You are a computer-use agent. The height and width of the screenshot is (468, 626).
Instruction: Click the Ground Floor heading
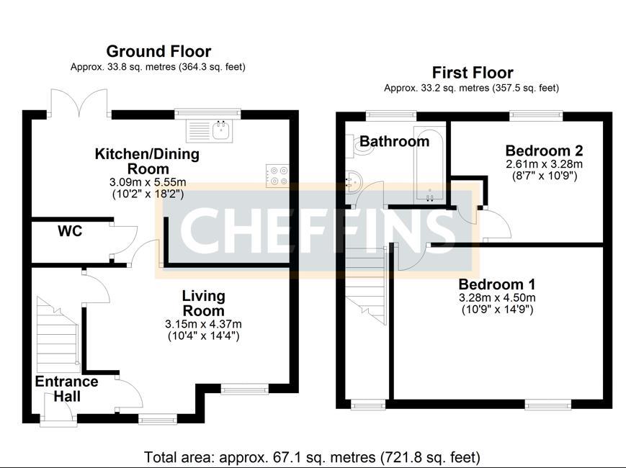(158, 51)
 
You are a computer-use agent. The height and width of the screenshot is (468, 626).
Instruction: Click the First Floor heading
(473, 73)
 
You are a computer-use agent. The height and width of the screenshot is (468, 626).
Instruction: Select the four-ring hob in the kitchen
(277, 175)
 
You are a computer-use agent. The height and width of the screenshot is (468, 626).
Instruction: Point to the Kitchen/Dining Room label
(148, 161)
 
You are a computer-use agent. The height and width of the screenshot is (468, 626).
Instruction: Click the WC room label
(70, 231)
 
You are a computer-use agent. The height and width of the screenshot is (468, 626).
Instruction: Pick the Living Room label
(203, 303)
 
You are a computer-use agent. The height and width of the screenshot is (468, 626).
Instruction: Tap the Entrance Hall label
(66, 389)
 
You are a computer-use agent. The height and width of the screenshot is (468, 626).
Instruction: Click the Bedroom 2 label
(544, 150)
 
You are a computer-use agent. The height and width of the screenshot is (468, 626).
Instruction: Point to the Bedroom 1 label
(496, 284)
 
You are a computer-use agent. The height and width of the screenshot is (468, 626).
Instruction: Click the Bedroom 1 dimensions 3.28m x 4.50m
(496, 297)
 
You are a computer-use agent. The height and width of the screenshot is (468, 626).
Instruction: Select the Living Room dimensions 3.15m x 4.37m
(203, 323)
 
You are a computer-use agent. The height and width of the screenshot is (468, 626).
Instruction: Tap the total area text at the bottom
(312, 456)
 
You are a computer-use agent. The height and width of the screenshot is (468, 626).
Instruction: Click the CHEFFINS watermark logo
(317, 230)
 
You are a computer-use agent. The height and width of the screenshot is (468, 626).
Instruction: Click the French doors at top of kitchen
(79, 102)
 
